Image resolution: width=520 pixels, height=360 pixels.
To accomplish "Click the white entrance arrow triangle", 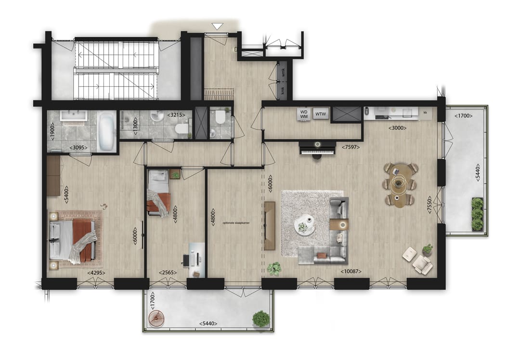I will point(218,26).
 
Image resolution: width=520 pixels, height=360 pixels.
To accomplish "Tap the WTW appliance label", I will point(320,114).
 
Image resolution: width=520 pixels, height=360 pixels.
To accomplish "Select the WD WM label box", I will point(304,114).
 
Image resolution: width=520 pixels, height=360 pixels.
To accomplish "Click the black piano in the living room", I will point(317,148).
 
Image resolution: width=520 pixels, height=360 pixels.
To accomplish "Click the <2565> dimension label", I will point(167,273).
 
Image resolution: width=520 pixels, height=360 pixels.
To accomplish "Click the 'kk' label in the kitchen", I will point(425,113).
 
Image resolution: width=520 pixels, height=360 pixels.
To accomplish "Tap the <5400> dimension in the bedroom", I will point(66,193).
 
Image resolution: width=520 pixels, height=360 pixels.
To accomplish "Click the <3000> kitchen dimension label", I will point(397,128).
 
